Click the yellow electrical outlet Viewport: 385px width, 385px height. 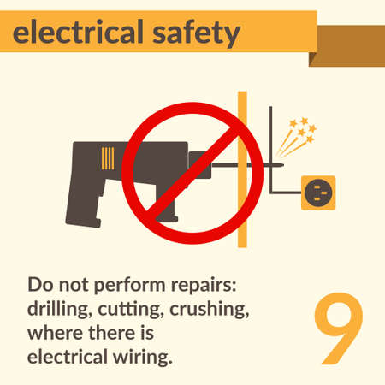coord(318,192)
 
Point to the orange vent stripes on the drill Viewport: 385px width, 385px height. coord(108,158)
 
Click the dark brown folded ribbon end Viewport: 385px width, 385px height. coord(350,44)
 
